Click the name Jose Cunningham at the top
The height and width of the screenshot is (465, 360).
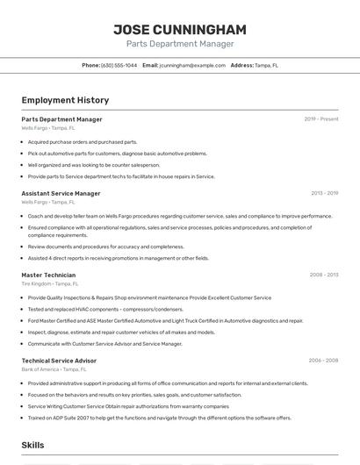click(x=179, y=29)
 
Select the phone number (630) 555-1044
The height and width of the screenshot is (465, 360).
click(x=119, y=65)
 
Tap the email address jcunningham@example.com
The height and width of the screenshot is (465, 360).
click(x=191, y=65)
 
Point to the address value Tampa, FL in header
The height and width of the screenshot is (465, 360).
click(x=266, y=65)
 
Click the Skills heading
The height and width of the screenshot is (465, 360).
click(x=33, y=446)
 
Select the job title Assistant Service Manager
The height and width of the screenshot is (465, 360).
click(x=61, y=193)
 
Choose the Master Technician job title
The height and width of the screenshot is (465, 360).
click(x=48, y=275)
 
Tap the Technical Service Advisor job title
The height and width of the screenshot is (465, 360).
click(x=59, y=361)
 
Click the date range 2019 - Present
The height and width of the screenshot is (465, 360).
click(x=320, y=119)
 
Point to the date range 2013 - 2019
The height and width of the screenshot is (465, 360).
click(x=324, y=193)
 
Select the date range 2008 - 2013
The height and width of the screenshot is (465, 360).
click(x=323, y=275)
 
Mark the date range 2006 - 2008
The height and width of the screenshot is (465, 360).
click(x=323, y=361)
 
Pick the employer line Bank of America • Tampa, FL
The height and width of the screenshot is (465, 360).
click(x=54, y=369)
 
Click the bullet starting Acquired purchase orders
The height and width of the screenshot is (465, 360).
click(x=83, y=141)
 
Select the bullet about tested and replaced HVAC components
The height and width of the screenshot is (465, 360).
click(x=105, y=309)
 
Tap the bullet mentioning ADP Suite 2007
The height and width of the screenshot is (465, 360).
click(x=159, y=418)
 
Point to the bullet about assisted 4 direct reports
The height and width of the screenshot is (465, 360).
click(x=118, y=259)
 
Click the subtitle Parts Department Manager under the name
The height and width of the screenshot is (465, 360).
click(x=179, y=44)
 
